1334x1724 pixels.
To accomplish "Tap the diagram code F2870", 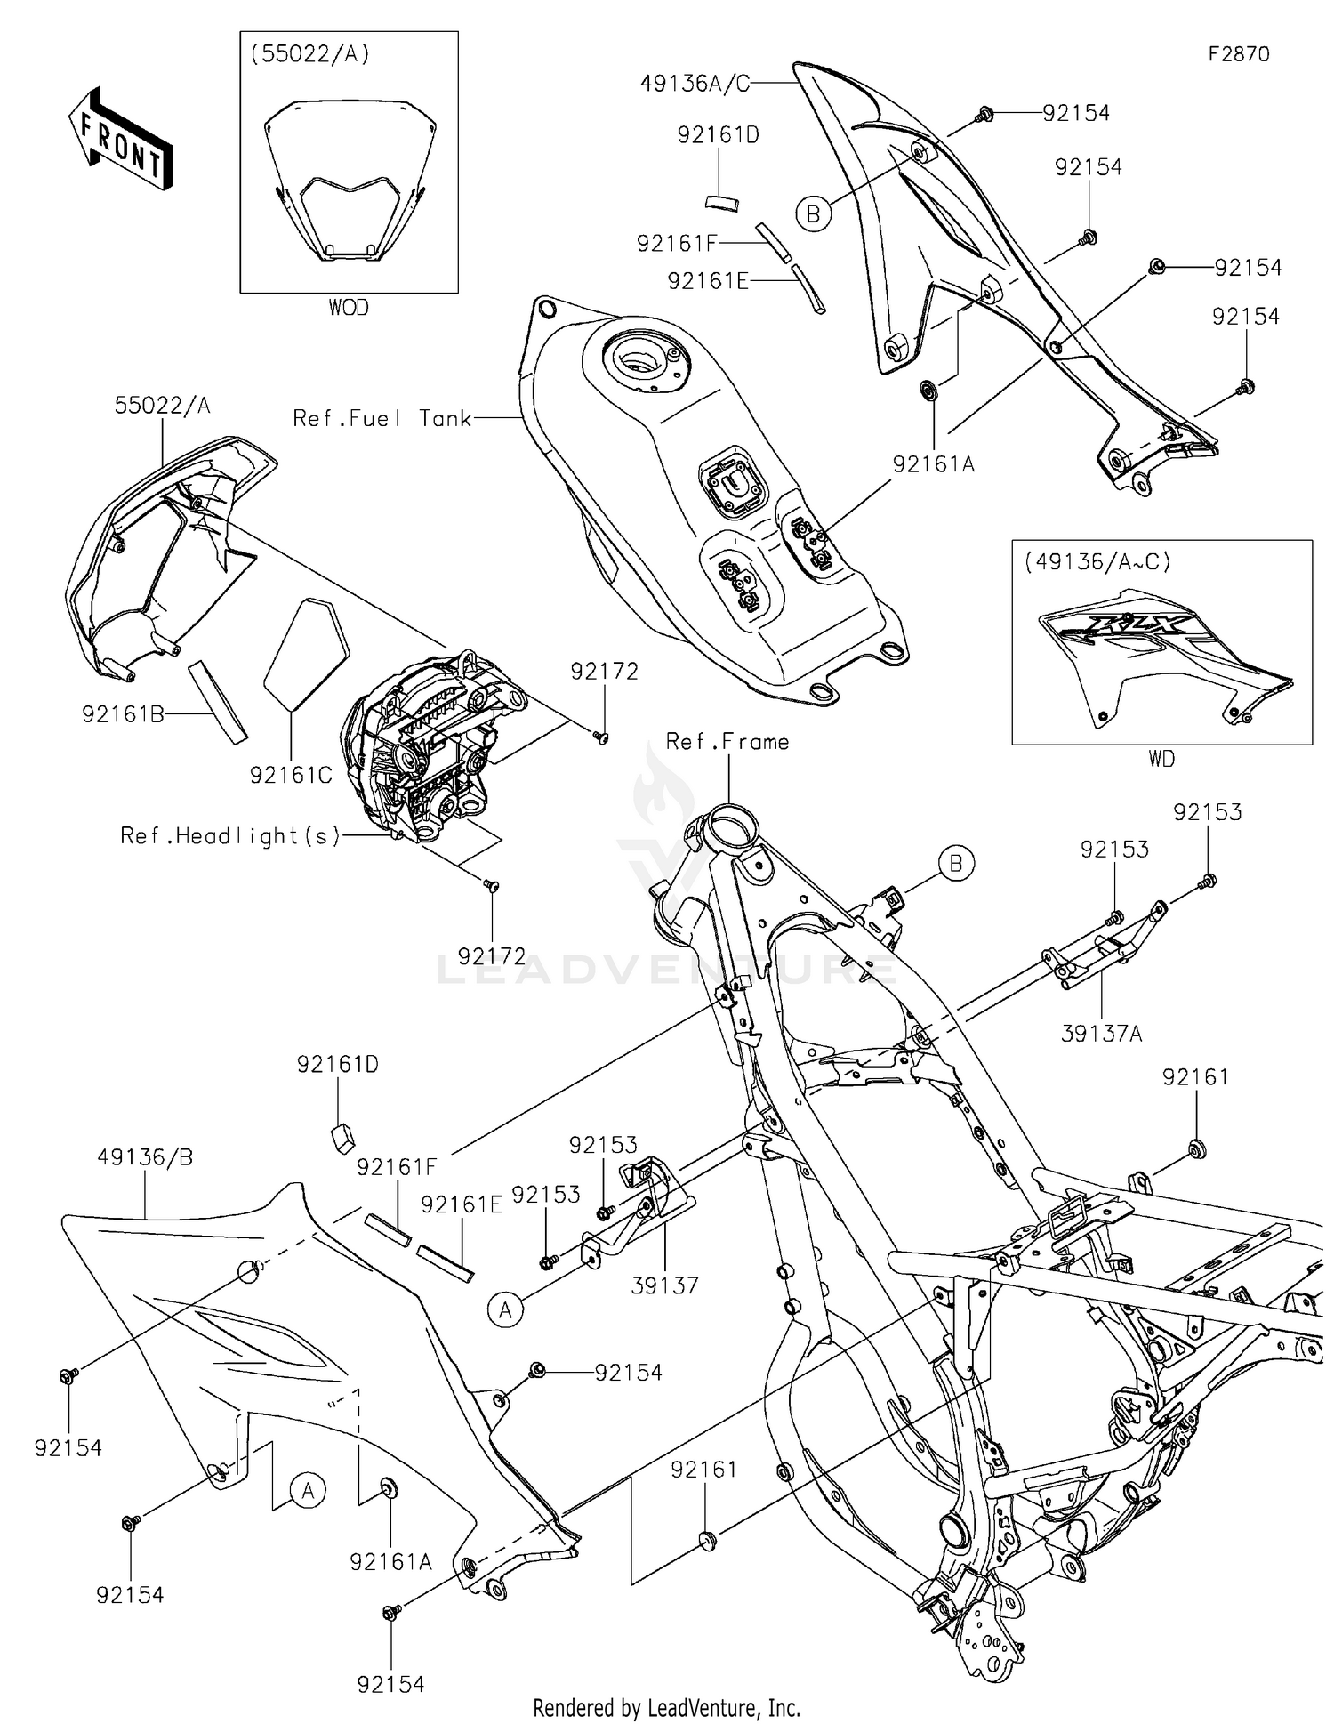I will tap(1238, 54).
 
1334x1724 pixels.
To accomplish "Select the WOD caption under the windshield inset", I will tap(349, 308).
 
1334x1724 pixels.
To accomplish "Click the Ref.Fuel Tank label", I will tap(382, 418).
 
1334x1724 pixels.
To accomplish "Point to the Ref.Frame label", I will tap(727, 742).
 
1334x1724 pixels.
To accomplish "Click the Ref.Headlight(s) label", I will tap(230, 836).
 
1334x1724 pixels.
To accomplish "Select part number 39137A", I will tap(1101, 1034).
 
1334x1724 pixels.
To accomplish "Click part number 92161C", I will tap(291, 776).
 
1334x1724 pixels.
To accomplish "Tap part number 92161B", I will tap(123, 714).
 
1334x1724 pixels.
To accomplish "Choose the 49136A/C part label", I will tap(695, 84).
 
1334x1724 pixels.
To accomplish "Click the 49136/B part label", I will tap(145, 1157).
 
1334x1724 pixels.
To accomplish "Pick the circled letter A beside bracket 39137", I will tap(506, 1309).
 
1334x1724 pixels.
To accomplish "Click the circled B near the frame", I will tap(956, 864).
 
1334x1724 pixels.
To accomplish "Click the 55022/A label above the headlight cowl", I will tap(162, 407).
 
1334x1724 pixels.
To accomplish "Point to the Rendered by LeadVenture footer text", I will tap(666, 1707).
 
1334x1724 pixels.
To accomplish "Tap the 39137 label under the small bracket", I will tap(664, 1285).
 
